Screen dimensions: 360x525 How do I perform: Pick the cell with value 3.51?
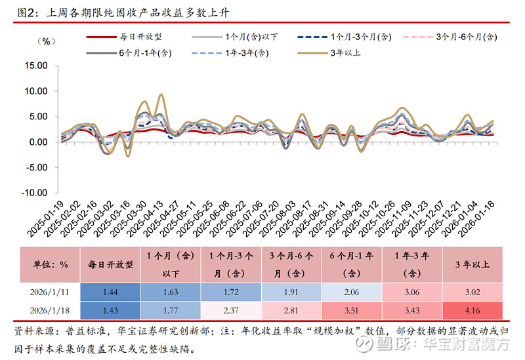point(354,309)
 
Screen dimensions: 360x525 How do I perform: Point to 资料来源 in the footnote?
point(32,331)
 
